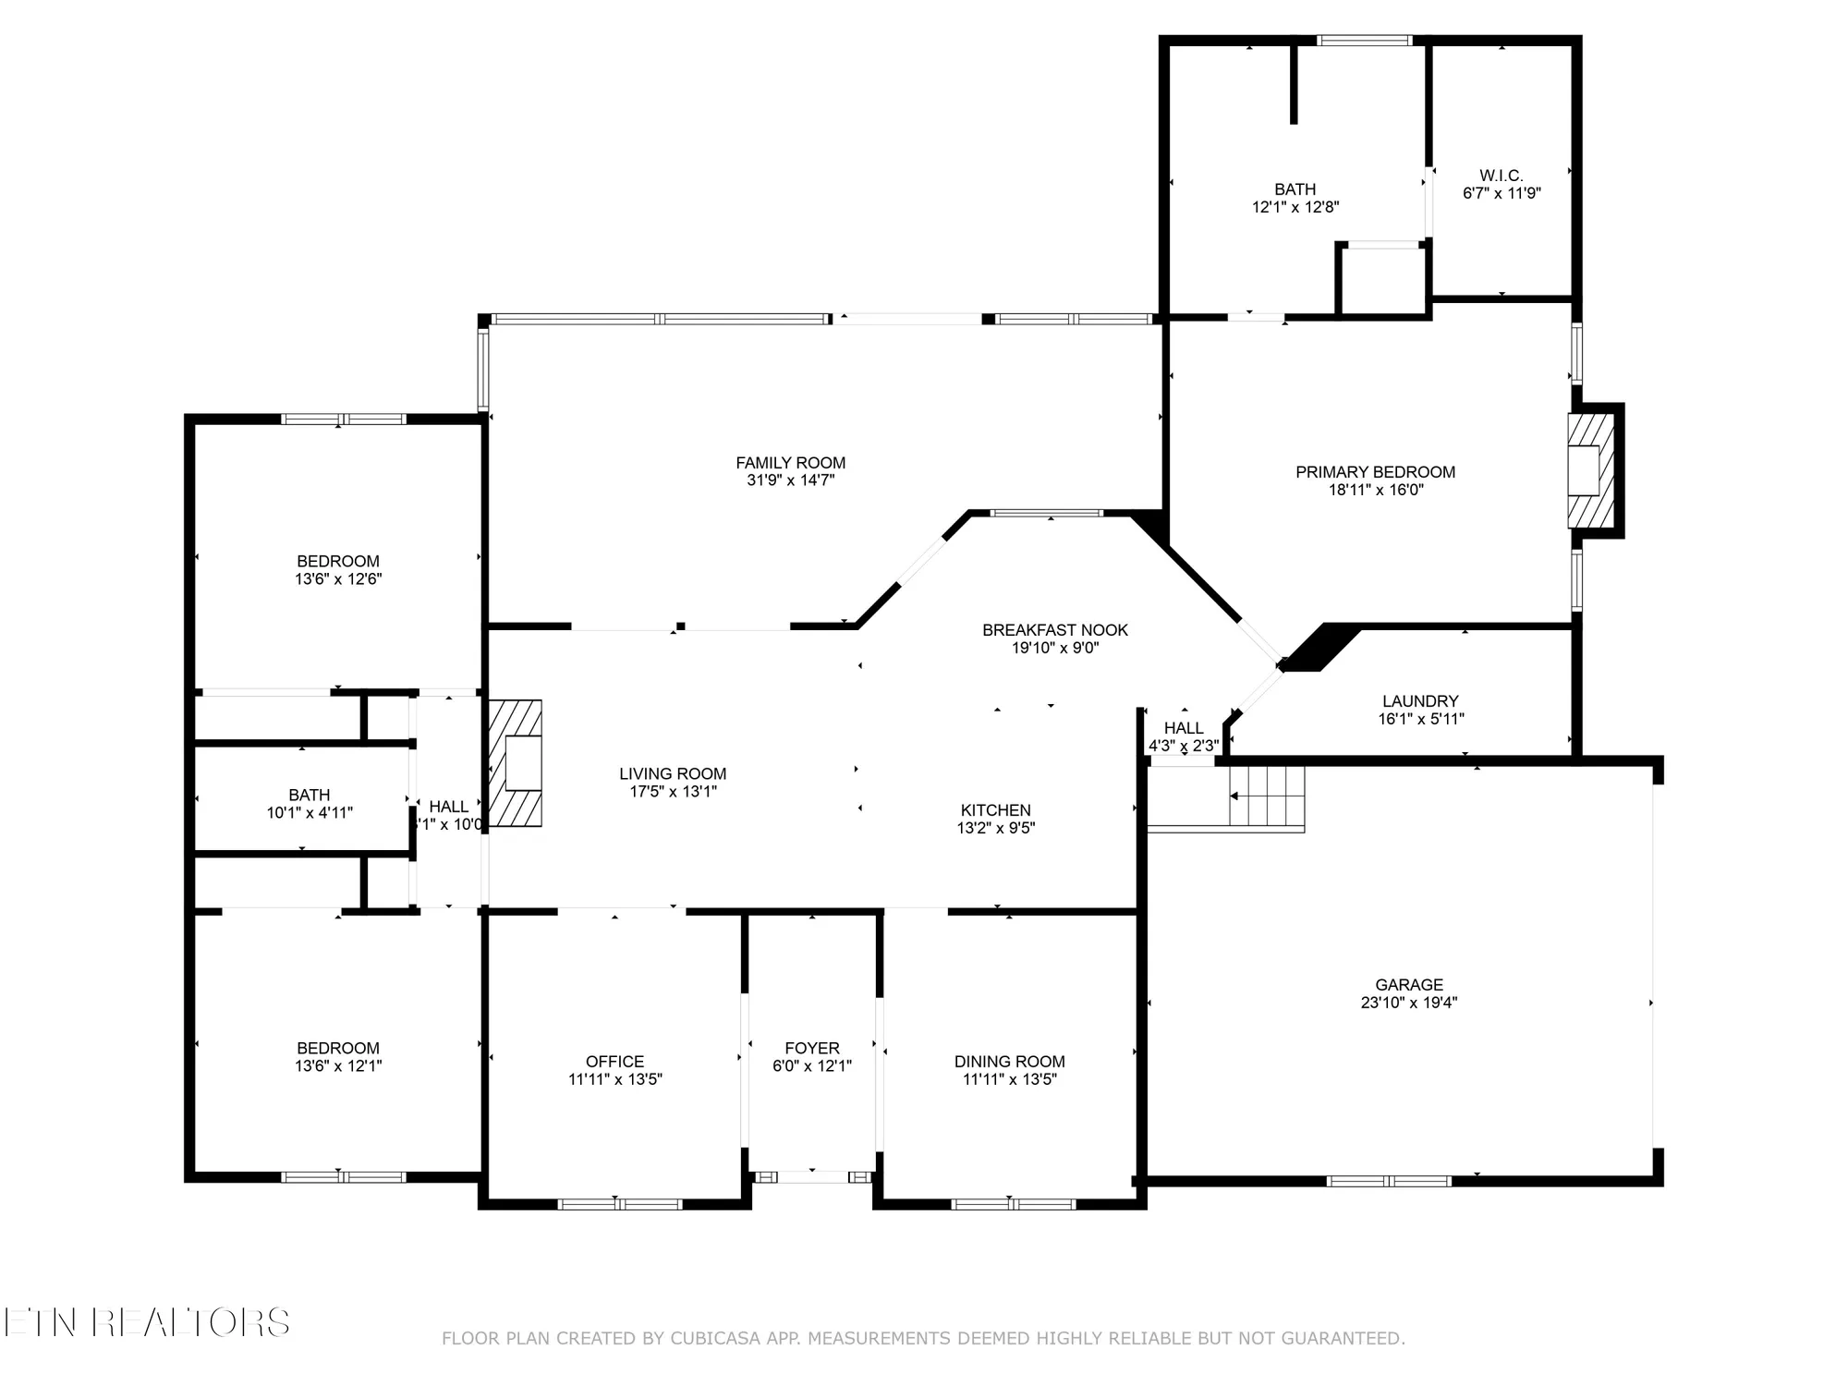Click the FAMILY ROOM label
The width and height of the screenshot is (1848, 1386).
coord(790,463)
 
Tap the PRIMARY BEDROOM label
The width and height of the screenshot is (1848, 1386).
coord(1375,472)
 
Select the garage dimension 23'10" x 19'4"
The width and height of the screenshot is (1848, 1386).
coord(1408,1003)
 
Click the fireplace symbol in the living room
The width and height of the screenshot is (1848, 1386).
coord(516,762)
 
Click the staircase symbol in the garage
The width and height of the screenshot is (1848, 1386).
coord(1268,796)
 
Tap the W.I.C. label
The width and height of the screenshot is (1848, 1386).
coord(1501,176)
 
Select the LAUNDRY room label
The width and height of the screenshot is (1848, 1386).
coord(1420,701)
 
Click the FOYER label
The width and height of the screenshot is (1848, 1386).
coord(812,1048)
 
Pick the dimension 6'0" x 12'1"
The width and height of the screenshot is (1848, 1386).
coord(812,1065)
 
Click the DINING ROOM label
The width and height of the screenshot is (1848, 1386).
coord(1009,1062)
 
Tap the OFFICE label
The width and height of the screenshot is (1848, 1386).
coord(614,1062)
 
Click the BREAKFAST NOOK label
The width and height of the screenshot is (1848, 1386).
coord(1054,630)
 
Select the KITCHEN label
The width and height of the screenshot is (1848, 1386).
coord(995,810)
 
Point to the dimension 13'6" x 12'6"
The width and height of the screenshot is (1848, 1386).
coord(338,579)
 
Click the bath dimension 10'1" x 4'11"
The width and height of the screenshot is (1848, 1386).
coord(310,813)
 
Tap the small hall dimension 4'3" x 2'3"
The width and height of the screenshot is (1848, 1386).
coord(1184,746)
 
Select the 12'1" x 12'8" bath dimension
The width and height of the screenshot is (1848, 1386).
coord(1295,207)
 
